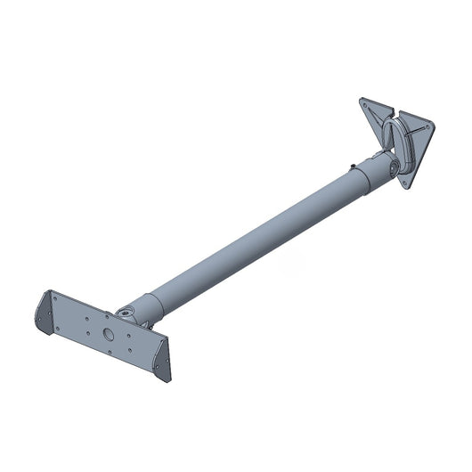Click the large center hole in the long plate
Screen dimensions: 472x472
(107, 334)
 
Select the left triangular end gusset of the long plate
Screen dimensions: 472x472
(44, 311)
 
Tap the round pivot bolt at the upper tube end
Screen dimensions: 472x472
(392, 167)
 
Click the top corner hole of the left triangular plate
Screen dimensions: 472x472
(365, 102)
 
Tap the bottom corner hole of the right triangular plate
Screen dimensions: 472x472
(406, 183)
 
